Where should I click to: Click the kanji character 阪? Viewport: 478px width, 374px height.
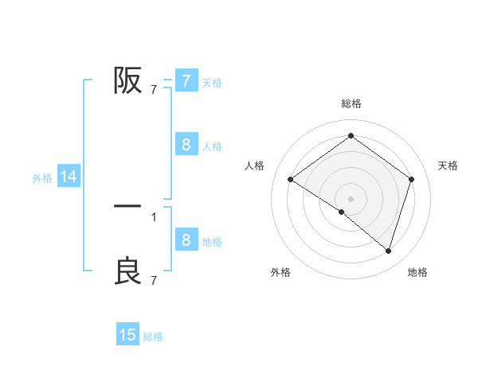click(127, 80)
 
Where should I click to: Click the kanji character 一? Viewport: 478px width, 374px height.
click(127, 206)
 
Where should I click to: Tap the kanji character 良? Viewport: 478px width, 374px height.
click(127, 271)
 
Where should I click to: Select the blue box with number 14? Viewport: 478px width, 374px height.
click(69, 177)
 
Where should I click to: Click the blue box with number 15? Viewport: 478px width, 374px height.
click(127, 335)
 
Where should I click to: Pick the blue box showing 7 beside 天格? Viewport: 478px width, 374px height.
click(186, 80)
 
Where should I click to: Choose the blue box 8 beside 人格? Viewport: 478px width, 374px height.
click(186, 145)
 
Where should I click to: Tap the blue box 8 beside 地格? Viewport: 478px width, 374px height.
click(186, 240)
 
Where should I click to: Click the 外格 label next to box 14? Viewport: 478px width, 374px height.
click(42, 178)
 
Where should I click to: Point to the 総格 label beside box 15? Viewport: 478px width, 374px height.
click(153, 337)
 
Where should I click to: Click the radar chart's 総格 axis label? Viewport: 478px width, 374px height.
click(351, 103)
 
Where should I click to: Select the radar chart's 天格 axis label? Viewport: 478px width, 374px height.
click(449, 166)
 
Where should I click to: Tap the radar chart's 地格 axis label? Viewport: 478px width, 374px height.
click(417, 272)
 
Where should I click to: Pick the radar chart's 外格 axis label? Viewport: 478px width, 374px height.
click(280, 272)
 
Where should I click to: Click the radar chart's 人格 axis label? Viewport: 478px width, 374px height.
click(255, 166)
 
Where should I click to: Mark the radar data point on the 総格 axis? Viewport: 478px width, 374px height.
click(351, 135)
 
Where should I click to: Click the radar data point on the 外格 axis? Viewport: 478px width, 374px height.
click(342, 212)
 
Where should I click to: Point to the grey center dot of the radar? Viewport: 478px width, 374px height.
click(351, 198)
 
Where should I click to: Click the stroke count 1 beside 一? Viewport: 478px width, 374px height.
click(154, 216)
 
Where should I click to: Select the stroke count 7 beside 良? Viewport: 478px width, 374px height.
click(154, 280)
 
